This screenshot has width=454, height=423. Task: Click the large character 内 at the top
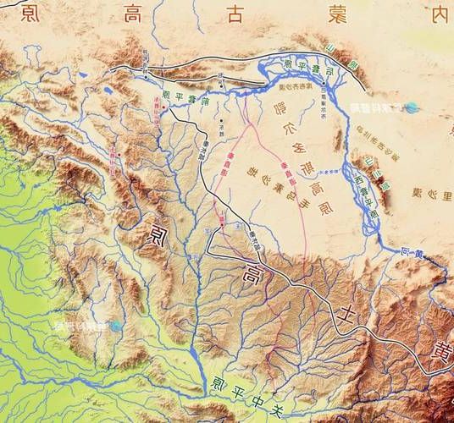pyautogui.click(x=438, y=14)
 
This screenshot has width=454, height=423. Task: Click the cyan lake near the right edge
pyautogui.click(x=412, y=107)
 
